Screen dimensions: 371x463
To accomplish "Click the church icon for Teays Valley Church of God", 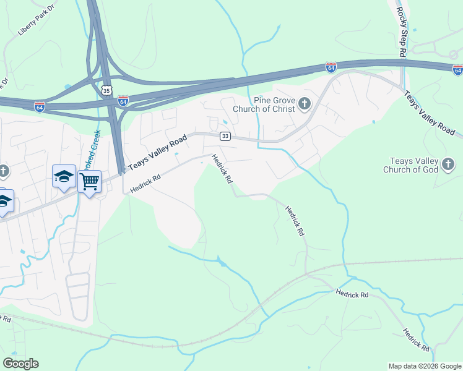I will tap(449, 164).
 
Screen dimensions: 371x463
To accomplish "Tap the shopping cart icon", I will tap(90, 181).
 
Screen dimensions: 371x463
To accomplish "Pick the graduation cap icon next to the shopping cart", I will tap(64, 176).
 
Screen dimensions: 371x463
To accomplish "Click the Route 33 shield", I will tap(225, 136).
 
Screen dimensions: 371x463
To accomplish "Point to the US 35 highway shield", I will tap(108, 90).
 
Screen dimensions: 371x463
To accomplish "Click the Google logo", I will tap(20, 364).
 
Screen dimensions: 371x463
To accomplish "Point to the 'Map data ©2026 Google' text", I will tap(424, 366).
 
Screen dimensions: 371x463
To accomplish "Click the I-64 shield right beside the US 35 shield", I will tap(123, 100).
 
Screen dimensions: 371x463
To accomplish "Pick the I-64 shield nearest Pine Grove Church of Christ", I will tap(331, 66).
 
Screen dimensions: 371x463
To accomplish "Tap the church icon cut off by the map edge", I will tap(2, 170).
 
